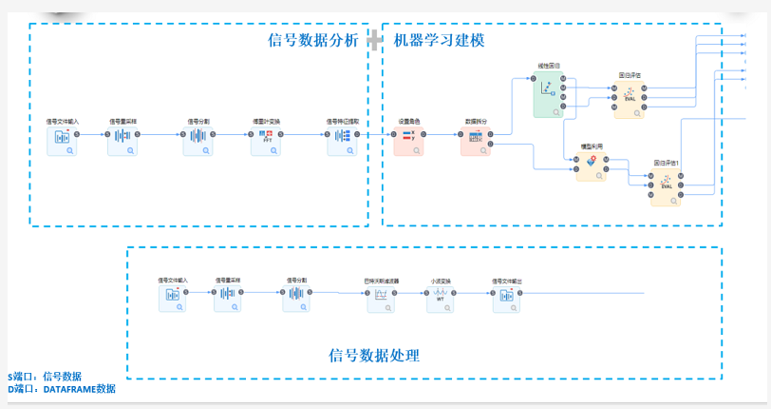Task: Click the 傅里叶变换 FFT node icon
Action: pyautogui.click(x=266, y=141)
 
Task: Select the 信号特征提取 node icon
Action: pyautogui.click(x=340, y=141)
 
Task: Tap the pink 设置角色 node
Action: pyautogui.click(x=408, y=141)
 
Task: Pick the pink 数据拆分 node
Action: pyautogui.click(x=475, y=141)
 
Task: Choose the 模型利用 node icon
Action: pyautogui.click(x=591, y=166)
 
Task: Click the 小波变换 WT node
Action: pyautogui.click(x=440, y=299)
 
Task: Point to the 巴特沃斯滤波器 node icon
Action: pyautogui.click(x=381, y=299)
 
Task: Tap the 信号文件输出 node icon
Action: pyautogui.click(x=506, y=299)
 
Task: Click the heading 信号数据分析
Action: pyautogui.click(x=313, y=40)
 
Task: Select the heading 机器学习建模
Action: pyautogui.click(x=439, y=40)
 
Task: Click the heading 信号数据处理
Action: pyautogui.click(x=374, y=356)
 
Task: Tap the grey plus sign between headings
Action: pyautogui.click(x=376, y=40)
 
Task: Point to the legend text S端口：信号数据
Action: pyautogui.click(x=45, y=377)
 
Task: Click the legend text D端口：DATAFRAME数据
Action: pyautogui.click(x=62, y=389)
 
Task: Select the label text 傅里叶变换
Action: pyautogui.click(x=266, y=121)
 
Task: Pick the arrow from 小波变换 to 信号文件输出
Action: pyautogui.click(x=473, y=293)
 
